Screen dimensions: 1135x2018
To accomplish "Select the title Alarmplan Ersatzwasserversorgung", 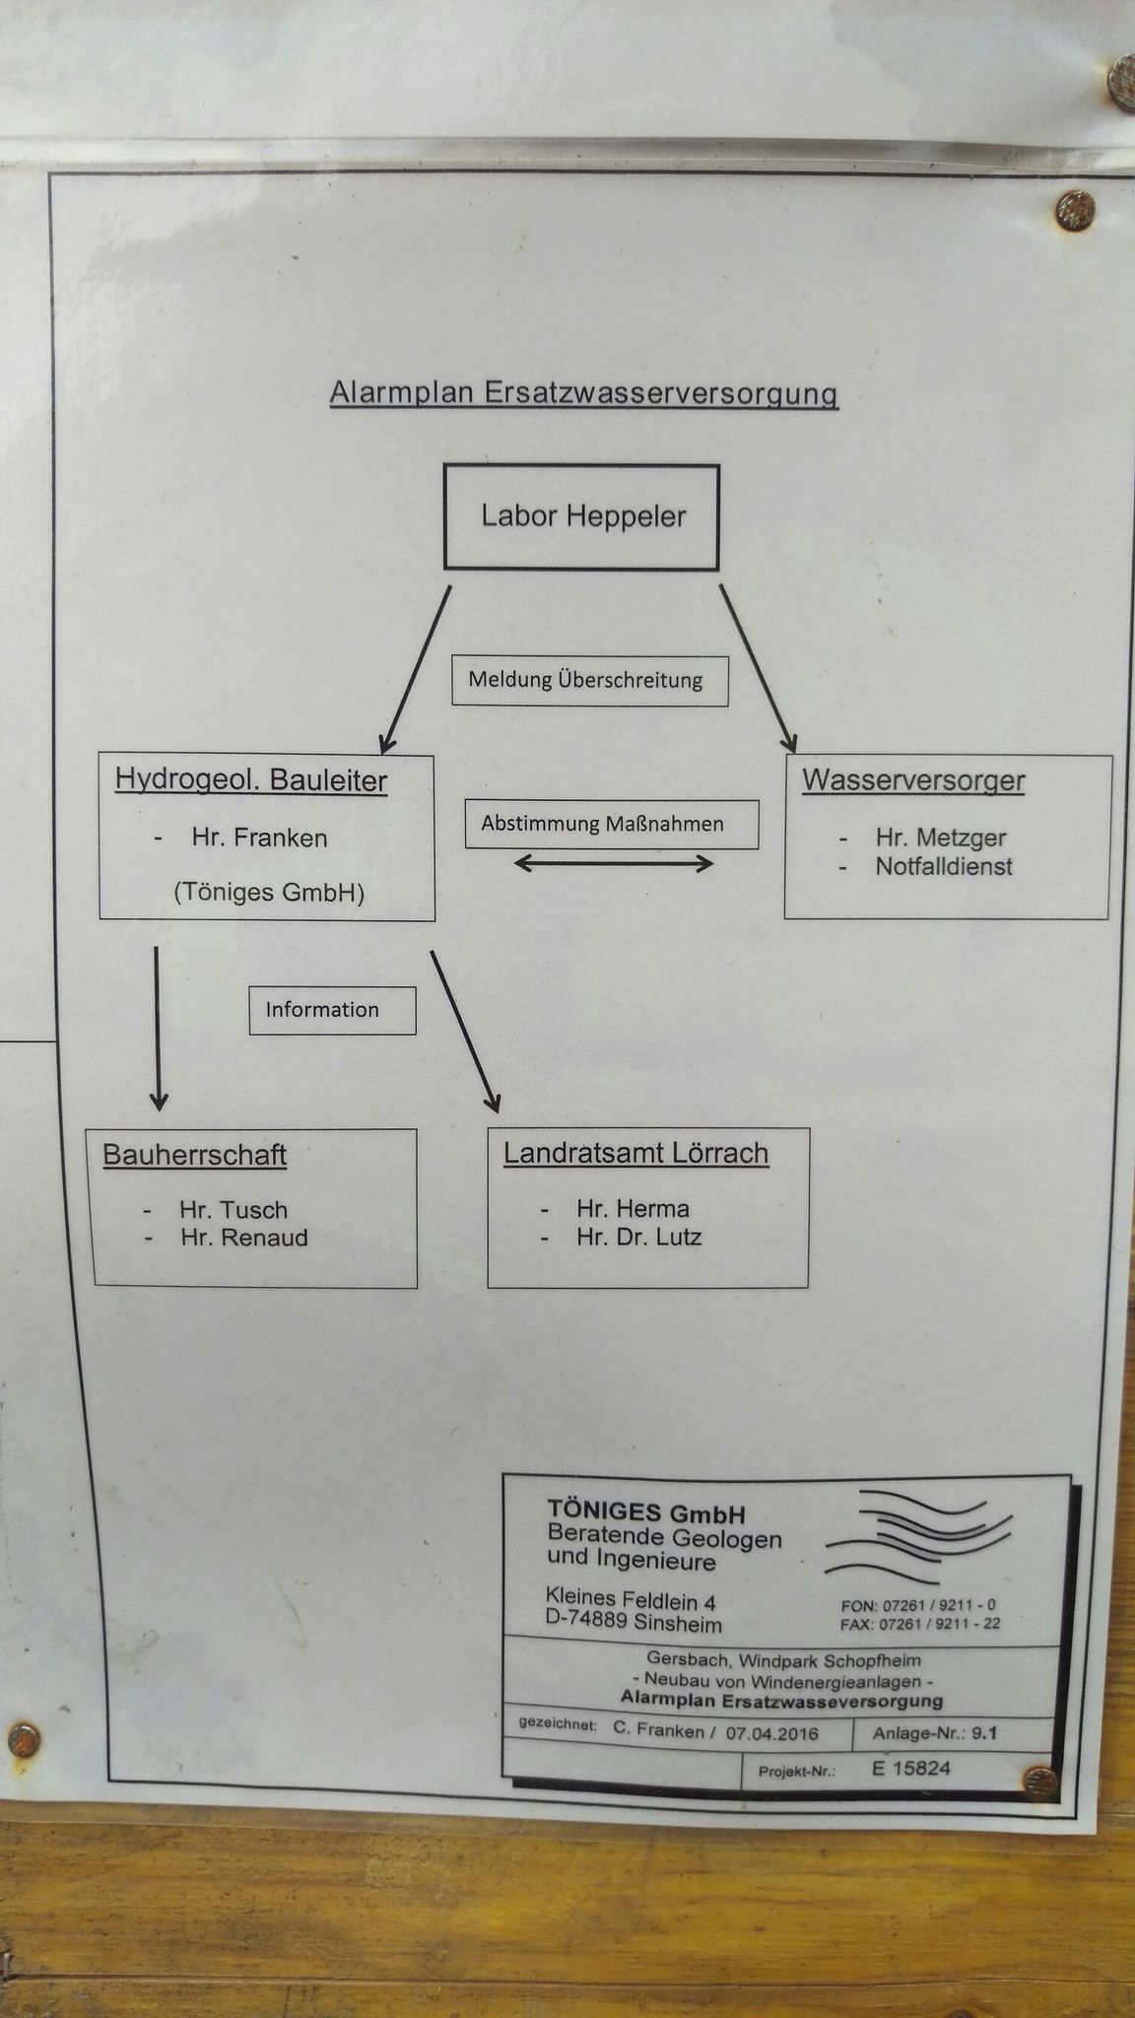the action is [583, 393].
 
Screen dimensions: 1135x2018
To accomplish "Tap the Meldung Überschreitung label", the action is [589, 681].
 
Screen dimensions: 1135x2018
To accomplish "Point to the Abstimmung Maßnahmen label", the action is [612, 824].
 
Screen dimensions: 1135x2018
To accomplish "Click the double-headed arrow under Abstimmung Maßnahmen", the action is [614, 864].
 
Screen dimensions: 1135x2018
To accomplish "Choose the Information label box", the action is [332, 1010].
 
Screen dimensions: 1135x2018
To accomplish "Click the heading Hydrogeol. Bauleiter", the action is [251, 780].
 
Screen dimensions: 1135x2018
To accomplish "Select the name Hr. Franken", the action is [259, 839].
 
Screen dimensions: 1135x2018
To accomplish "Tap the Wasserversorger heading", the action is [913, 780].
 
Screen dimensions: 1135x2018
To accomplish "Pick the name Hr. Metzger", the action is [940, 839].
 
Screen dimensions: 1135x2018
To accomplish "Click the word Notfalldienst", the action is [944, 867].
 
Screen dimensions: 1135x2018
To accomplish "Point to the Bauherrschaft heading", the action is [195, 1154].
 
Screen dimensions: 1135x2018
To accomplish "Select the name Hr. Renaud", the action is [244, 1238].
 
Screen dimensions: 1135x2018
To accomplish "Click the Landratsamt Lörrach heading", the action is [636, 1153].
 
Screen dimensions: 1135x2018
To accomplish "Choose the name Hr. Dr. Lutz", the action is [639, 1237].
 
